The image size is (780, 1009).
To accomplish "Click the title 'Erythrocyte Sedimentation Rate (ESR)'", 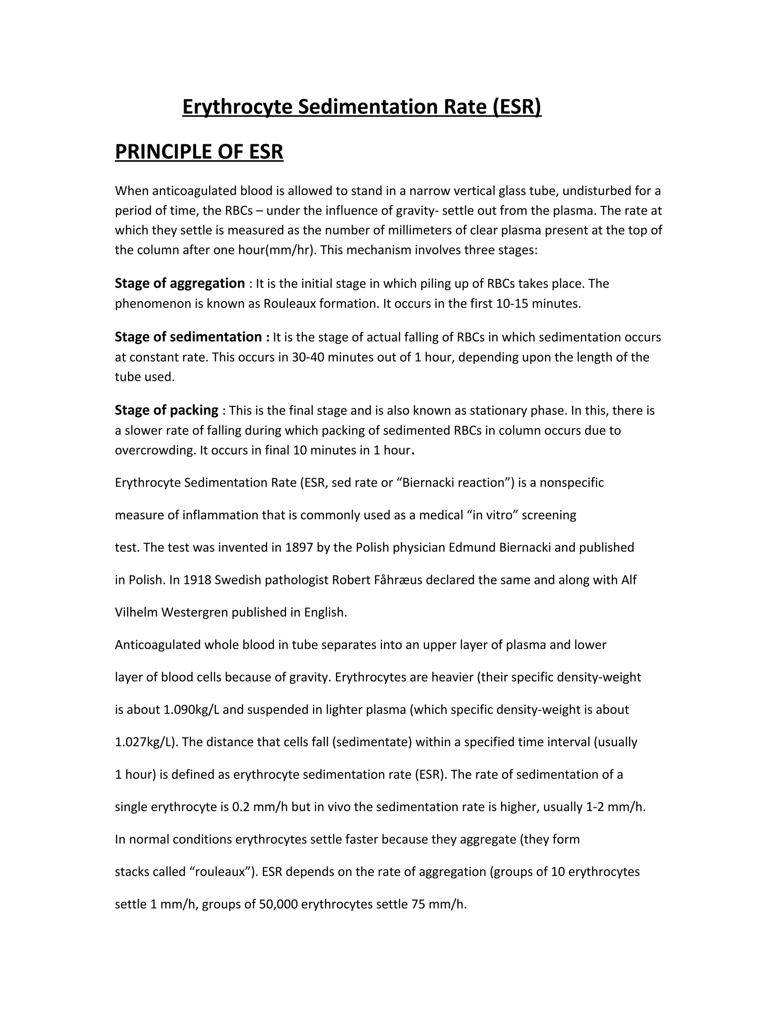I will pos(361,107).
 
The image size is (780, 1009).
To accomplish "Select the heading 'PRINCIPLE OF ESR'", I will pos(199,152).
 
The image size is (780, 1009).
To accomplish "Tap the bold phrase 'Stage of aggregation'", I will pos(180,283).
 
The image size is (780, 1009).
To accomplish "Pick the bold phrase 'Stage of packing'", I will pos(166,410).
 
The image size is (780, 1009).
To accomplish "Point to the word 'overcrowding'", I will pos(155,450).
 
